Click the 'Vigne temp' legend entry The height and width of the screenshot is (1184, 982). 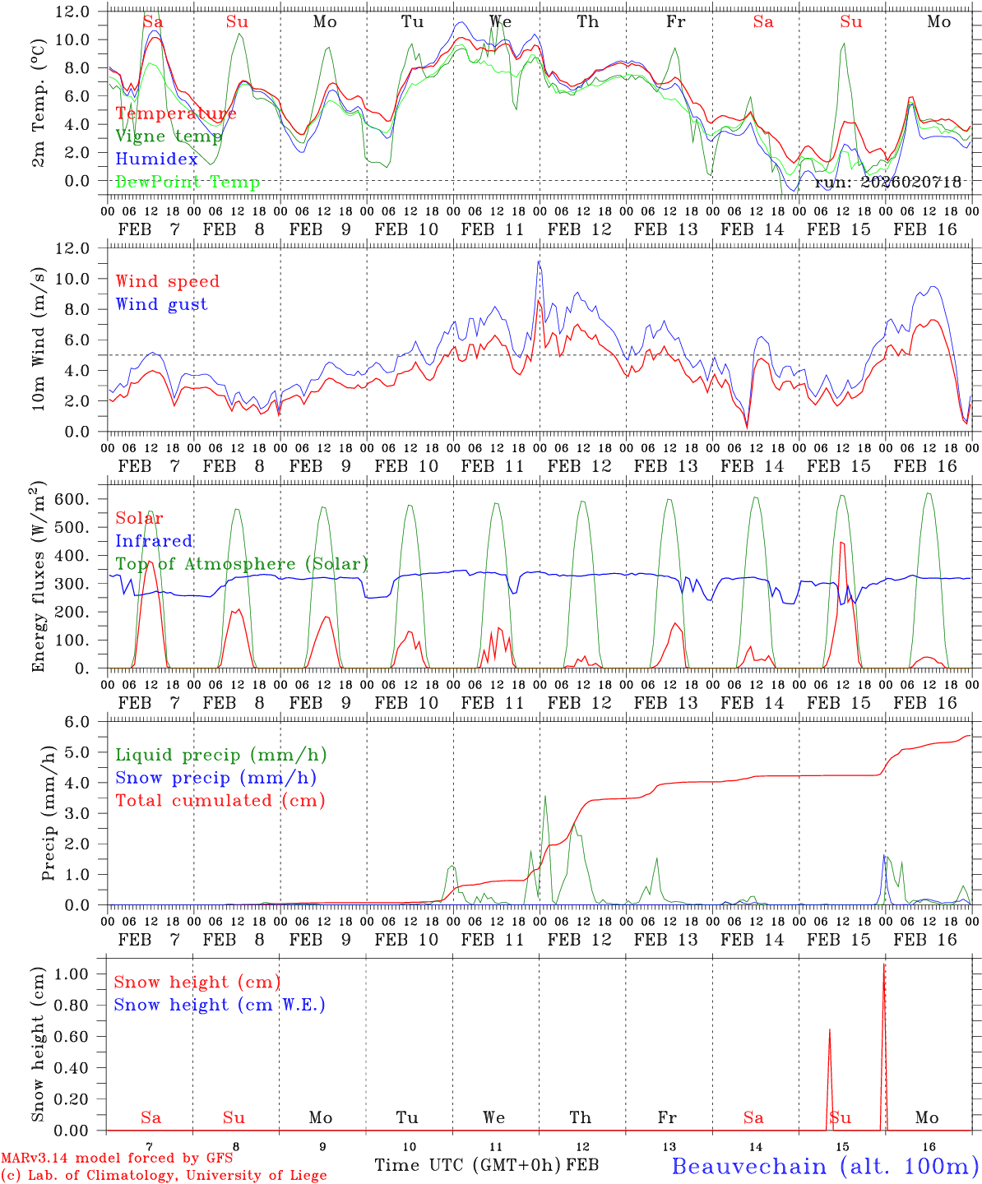[163, 136]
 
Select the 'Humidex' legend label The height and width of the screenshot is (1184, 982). [156, 160]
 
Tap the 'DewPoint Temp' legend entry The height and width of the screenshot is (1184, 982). [188, 183]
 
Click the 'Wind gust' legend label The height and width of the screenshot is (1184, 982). [161, 304]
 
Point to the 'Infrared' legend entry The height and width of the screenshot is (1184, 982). [154, 541]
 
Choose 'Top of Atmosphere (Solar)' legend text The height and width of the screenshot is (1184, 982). [241, 564]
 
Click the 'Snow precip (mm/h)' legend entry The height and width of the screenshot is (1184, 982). [215, 778]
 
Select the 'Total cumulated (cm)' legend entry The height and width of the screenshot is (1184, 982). [220, 801]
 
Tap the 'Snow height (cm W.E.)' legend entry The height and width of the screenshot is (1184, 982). [219, 1005]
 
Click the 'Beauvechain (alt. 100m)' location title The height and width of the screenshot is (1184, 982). [825, 1166]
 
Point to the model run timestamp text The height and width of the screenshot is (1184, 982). [887, 183]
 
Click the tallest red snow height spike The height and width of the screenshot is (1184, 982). [884, 966]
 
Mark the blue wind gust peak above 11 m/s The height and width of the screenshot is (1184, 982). [539, 261]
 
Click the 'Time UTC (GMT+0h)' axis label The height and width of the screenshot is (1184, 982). [468, 1165]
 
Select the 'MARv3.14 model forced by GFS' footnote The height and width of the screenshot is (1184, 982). [116, 1159]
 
